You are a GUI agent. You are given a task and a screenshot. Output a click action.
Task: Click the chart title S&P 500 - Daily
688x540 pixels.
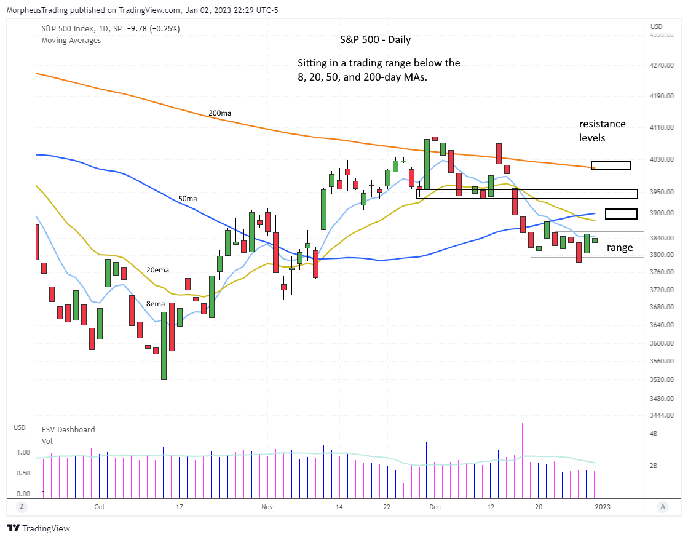(375, 39)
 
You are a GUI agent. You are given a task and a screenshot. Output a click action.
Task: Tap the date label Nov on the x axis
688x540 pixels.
(267, 507)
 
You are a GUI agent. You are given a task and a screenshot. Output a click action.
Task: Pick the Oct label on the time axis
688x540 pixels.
(100, 507)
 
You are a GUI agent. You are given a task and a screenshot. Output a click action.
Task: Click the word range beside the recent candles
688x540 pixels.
(620, 248)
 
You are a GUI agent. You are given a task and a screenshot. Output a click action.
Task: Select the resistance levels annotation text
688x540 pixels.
(602, 131)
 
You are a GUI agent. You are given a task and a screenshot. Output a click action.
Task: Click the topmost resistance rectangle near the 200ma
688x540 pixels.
(611, 165)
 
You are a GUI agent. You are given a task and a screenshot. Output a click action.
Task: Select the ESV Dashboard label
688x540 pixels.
(68, 429)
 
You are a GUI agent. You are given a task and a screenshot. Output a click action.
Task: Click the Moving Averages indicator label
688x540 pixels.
(71, 41)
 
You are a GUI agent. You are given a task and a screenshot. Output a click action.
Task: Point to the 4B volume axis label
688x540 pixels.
(654, 434)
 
